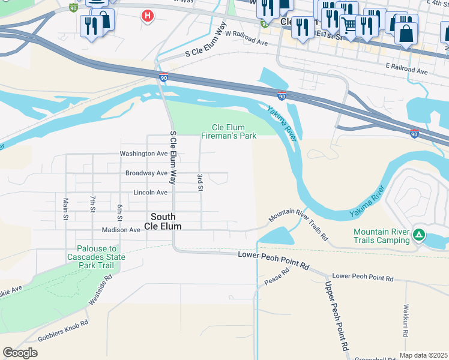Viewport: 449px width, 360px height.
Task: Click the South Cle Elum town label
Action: pos(163,221)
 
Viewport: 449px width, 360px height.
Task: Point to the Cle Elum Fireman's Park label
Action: pos(234,131)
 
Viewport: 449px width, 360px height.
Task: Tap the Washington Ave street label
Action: pos(143,154)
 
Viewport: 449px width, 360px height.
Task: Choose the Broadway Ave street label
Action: pos(146,173)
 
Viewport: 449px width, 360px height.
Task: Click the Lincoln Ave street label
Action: pos(150,193)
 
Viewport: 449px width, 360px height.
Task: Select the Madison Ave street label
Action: pos(121,230)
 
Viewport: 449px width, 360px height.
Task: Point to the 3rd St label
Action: pos(199,183)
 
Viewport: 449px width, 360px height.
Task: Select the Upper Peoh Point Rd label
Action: pos(337,316)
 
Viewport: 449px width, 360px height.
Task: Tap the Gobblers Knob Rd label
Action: pos(63,331)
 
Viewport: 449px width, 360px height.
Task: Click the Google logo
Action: pos(20,353)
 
